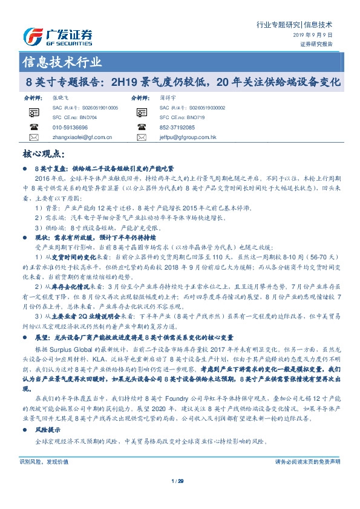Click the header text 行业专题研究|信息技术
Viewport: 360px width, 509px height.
click(x=295, y=25)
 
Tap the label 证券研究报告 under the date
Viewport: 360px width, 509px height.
click(x=316, y=44)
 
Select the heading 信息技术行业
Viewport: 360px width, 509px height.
click(x=62, y=62)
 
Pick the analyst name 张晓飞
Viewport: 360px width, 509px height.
click(x=61, y=97)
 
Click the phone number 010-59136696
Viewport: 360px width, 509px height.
click(x=70, y=128)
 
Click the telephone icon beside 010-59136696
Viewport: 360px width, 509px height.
click(x=34, y=128)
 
